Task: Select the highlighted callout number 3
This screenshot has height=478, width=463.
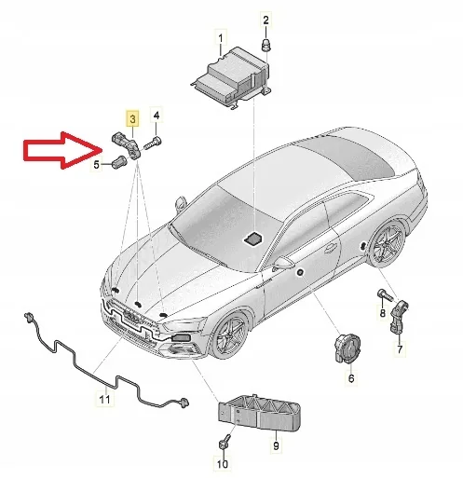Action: [x=133, y=119]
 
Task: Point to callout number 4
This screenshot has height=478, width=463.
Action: [x=157, y=116]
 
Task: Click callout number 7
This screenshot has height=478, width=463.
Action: [x=400, y=350]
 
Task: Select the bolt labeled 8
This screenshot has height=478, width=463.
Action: [x=384, y=297]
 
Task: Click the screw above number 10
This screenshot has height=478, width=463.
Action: [x=225, y=441]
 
